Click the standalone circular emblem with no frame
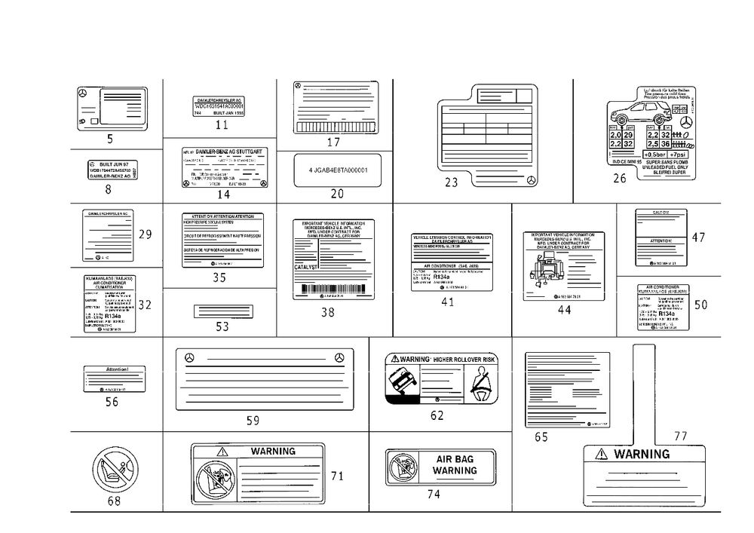point(115,473)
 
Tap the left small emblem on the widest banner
point(191,355)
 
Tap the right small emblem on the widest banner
point(341,355)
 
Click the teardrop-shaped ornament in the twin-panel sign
point(483,386)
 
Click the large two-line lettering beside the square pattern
point(455,466)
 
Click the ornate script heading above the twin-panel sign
point(441,357)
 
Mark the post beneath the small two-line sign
point(219,124)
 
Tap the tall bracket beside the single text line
point(294,172)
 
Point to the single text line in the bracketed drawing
point(338,171)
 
